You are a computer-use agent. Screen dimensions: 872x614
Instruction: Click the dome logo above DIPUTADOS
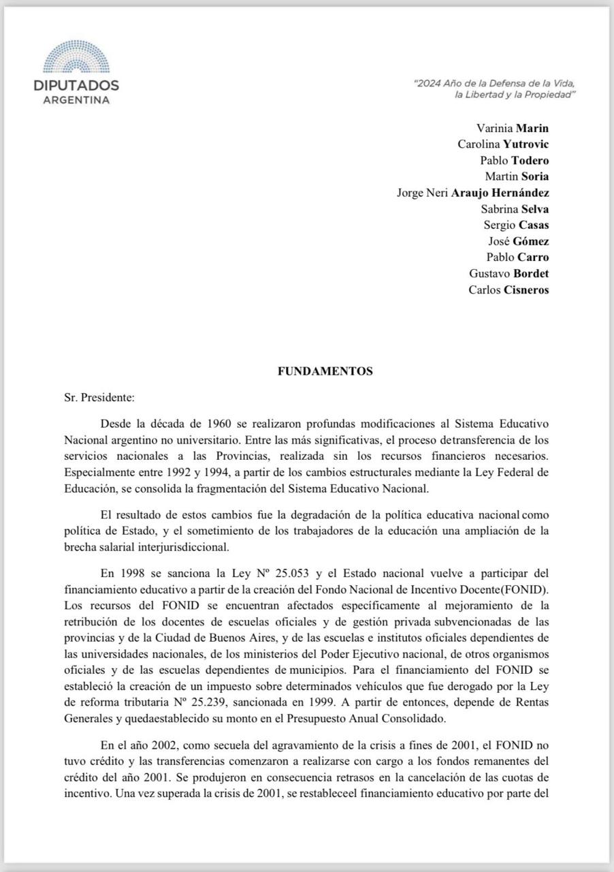(76, 58)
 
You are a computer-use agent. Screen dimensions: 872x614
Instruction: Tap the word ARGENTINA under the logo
(76, 99)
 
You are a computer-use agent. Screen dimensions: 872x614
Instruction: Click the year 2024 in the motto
(430, 83)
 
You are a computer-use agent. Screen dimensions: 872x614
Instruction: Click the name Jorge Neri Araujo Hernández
(472, 193)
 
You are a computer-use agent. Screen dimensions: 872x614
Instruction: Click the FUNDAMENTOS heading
(325, 371)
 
